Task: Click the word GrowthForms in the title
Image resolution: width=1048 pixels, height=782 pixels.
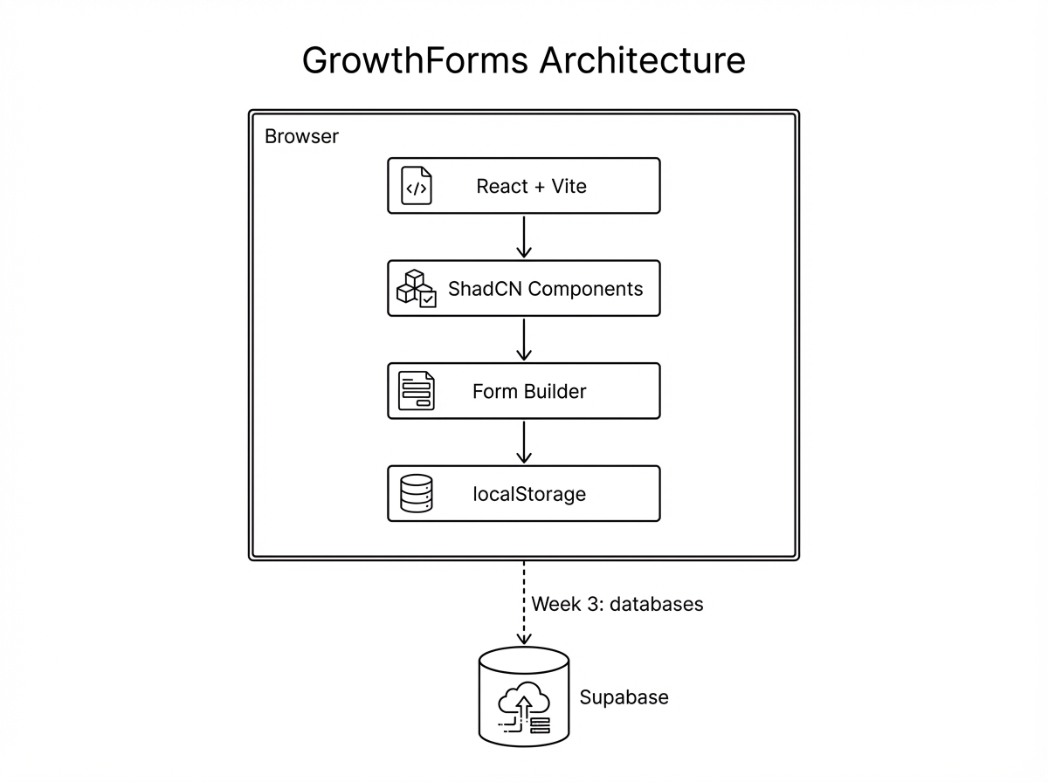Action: (x=415, y=61)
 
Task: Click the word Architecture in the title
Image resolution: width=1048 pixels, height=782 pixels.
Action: (x=643, y=61)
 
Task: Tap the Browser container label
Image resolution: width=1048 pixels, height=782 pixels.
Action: (x=301, y=137)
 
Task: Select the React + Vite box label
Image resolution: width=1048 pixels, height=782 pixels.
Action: (x=531, y=186)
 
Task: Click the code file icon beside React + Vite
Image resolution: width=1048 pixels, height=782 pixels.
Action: (x=417, y=186)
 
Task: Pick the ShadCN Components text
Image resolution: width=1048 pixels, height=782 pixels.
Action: (x=545, y=289)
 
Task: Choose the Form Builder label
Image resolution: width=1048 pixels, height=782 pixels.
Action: (x=529, y=391)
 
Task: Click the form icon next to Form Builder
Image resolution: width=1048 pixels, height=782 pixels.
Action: (x=417, y=391)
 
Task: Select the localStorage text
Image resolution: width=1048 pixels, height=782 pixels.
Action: (x=529, y=494)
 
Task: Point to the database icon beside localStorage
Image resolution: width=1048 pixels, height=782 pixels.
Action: (x=417, y=494)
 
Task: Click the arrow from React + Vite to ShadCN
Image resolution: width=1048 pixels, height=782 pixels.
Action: (x=524, y=237)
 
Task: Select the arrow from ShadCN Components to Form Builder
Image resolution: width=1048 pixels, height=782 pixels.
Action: (x=524, y=340)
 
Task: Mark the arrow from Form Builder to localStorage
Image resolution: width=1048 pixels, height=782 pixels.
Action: (x=524, y=442)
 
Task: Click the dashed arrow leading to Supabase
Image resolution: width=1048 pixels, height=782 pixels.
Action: (x=524, y=603)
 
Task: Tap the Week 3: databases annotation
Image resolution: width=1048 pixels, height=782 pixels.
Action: (x=617, y=604)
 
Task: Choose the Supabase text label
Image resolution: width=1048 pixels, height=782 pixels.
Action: (x=624, y=697)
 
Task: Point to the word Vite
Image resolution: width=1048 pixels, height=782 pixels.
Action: (x=569, y=186)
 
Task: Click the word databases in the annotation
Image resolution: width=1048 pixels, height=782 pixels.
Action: (x=656, y=604)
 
